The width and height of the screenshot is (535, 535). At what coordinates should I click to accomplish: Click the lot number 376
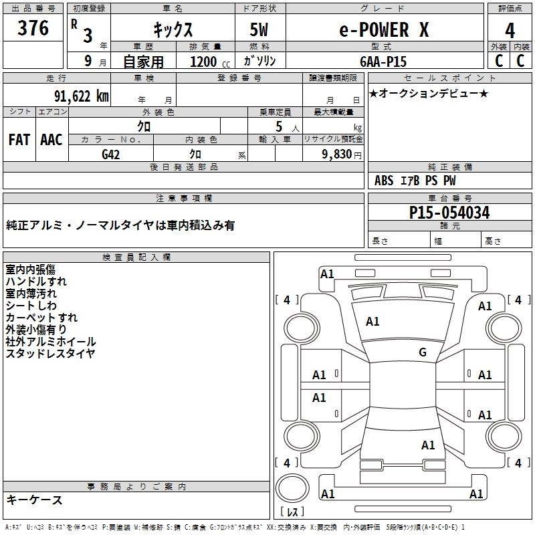tap(33, 29)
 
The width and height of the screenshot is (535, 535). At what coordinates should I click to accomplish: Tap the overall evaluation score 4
tap(510, 31)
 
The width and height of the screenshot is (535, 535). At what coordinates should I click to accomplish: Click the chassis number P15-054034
tap(449, 213)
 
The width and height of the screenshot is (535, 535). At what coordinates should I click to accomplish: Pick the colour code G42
tap(110, 154)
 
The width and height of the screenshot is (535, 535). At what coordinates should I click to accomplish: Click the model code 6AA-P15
tap(382, 61)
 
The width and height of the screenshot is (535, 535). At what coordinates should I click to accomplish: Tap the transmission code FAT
tap(19, 140)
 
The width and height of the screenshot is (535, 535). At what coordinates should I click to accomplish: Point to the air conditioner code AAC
tap(51, 140)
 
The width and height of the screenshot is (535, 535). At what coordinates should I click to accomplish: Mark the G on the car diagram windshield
tap(422, 352)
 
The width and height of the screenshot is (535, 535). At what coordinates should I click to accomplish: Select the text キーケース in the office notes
tap(34, 500)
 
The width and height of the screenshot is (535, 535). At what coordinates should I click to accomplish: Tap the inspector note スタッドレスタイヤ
tap(50, 354)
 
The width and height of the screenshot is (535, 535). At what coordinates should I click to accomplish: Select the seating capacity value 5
tap(278, 127)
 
